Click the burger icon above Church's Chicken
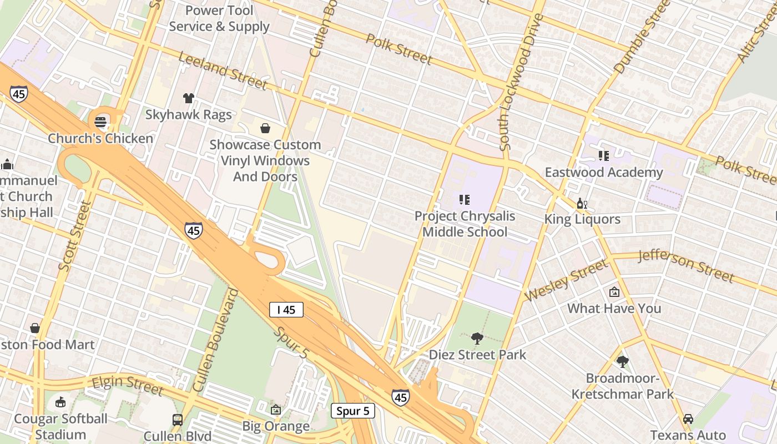point(100,122)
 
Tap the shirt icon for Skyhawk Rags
point(188,98)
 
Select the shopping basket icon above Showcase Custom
point(265,128)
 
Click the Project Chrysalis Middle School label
point(465,224)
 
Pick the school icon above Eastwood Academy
point(603,156)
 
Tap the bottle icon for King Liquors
point(582,203)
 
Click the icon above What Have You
point(614,291)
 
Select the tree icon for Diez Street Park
point(477,338)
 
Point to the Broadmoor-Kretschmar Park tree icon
point(622,362)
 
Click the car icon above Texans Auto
point(688,419)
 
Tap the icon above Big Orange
point(276,410)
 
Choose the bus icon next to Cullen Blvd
point(178,420)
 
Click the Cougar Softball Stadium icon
point(60,402)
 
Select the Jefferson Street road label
point(686,265)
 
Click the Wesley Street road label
point(566,281)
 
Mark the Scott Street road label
point(74,236)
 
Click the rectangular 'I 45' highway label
point(286,310)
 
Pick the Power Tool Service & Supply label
point(219,18)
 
